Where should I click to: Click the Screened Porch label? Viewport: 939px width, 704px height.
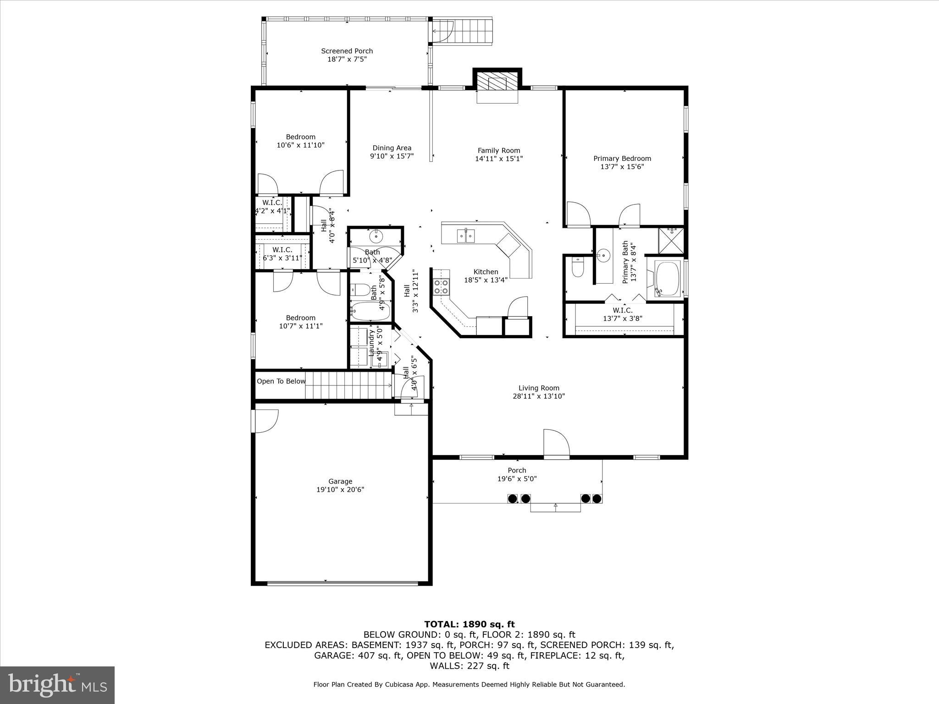(x=347, y=51)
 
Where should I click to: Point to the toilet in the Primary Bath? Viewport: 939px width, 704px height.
(x=578, y=268)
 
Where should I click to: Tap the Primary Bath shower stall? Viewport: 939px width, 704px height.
(x=671, y=241)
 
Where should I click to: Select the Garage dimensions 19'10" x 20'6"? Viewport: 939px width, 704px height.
(x=340, y=489)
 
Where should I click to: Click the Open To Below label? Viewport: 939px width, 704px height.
(x=281, y=381)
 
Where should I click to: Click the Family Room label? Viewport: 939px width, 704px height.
(x=499, y=150)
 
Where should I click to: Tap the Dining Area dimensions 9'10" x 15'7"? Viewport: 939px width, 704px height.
(x=392, y=156)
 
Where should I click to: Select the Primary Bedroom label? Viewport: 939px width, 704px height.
(x=622, y=159)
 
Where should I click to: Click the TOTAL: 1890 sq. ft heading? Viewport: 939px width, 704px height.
(x=469, y=624)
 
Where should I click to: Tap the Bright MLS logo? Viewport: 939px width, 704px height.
(x=57, y=685)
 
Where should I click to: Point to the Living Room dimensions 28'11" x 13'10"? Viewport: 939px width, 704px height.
(x=538, y=396)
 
